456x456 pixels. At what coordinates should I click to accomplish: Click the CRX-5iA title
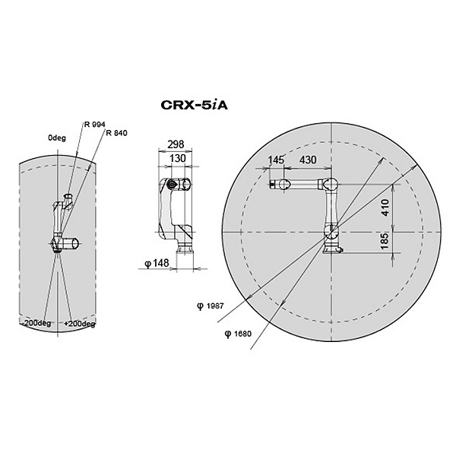click(194, 105)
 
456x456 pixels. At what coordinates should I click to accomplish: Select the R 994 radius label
click(94, 125)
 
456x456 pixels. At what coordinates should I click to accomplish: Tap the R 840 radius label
click(116, 133)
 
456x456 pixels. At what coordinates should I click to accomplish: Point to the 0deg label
click(57, 138)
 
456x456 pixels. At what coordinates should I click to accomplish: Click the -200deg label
click(36, 323)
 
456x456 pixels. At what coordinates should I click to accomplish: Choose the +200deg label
click(80, 324)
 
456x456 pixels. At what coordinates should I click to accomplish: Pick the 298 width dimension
click(176, 144)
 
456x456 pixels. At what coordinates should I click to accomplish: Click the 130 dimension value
click(177, 158)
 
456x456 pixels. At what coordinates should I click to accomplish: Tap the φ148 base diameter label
click(157, 263)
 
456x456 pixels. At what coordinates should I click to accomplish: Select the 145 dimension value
click(276, 160)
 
